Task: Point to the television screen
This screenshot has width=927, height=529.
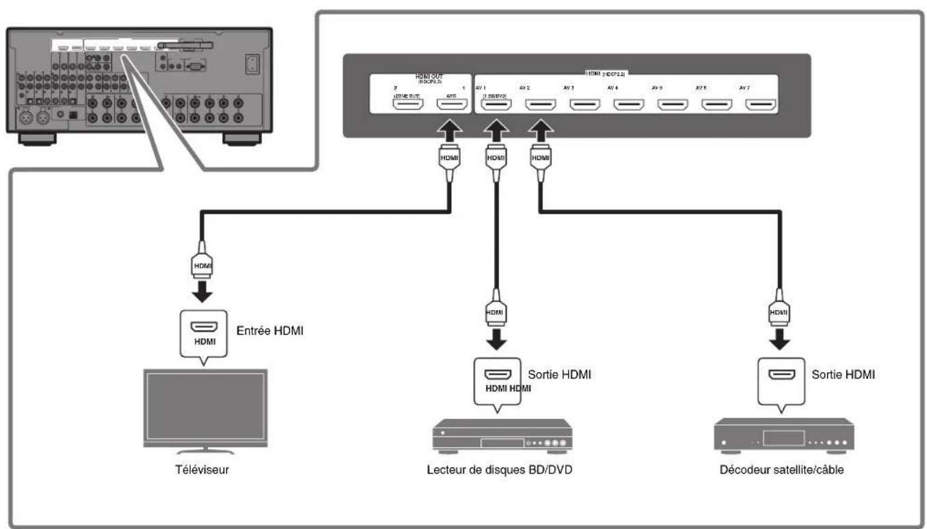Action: pos(204,408)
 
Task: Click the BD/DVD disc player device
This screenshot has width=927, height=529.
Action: pos(501,436)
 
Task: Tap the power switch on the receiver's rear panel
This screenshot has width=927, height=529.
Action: pos(252,63)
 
